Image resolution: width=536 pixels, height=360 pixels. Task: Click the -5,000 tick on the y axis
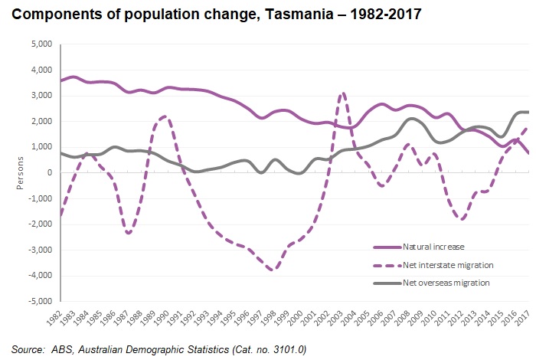point(38,301)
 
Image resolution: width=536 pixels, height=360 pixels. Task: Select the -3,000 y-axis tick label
point(38,250)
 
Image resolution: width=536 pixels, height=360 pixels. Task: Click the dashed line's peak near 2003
point(343,93)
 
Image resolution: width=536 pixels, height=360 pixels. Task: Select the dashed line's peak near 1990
point(166,116)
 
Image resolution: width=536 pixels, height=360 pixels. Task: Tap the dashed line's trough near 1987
point(128,233)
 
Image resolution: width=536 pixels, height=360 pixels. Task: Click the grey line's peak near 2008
point(412,119)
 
